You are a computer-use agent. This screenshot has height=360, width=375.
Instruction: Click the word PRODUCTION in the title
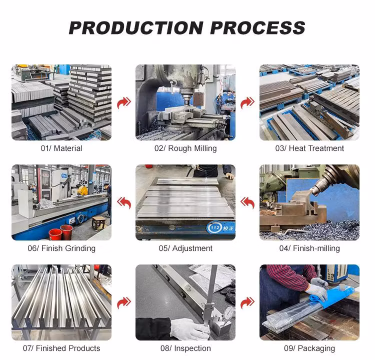coord(136,27)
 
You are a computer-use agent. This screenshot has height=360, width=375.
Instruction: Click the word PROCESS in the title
coord(257,27)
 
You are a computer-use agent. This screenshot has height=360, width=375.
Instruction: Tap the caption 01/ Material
coord(61,148)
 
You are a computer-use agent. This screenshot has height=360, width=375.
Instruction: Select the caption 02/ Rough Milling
coord(185,148)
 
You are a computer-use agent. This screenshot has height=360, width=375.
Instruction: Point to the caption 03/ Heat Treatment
coord(309,148)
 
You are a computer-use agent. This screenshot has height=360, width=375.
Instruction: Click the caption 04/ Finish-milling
coord(309,248)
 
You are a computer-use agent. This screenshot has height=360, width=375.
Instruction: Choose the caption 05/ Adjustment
coord(185,248)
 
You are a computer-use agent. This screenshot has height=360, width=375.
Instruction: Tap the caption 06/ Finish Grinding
coord(61,248)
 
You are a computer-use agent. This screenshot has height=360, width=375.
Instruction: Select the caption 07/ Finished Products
coord(61,348)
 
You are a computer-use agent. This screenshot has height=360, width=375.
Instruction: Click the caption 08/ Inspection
coord(185,348)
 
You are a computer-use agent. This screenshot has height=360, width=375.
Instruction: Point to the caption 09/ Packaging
coord(309,348)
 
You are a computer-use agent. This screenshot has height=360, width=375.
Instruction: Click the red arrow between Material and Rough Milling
coord(124,103)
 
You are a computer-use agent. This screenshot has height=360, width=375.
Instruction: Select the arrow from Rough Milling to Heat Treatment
coord(247,103)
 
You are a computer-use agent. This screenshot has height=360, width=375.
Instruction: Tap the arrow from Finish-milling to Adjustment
coord(247,203)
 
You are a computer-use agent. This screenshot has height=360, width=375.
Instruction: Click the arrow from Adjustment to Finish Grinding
coord(124,203)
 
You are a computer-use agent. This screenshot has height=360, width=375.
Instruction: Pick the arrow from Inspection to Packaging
coord(247,303)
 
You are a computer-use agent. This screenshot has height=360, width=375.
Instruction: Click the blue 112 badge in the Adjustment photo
coord(215,227)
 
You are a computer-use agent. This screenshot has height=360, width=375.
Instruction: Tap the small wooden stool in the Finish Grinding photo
coord(98,222)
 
